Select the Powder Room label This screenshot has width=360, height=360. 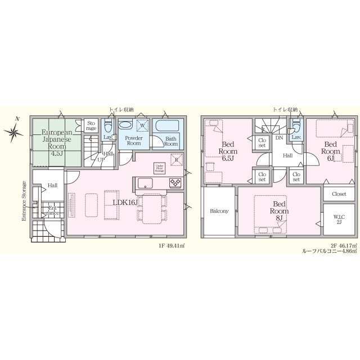tap(133, 140)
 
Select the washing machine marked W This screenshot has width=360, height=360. tap(142, 125)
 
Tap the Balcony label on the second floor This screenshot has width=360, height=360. tap(219, 211)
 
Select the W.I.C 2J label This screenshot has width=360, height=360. tap(338, 219)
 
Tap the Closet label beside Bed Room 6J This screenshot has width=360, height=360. tap(339, 193)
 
